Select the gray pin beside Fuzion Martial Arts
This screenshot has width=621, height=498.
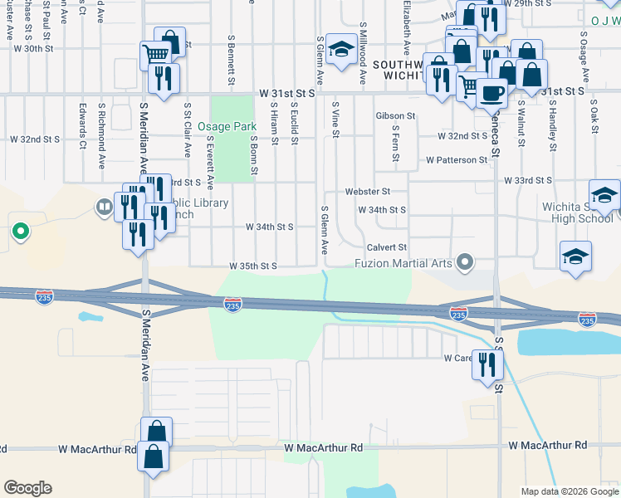pyautogui.click(x=466, y=263)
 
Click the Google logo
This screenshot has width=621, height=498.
pyautogui.click(x=27, y=488)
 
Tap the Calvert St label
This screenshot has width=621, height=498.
pyautogui.click(x=387, y=247)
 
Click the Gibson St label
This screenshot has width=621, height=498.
pyautogui.click(x=395, y=115)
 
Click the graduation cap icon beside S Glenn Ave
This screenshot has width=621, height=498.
pyautogui.click(x=340, y=50)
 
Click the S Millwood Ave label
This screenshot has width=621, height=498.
pyautogui.click(x=363, y=55)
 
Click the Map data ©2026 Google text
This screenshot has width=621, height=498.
pyautogui.click(x=569, y=491)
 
